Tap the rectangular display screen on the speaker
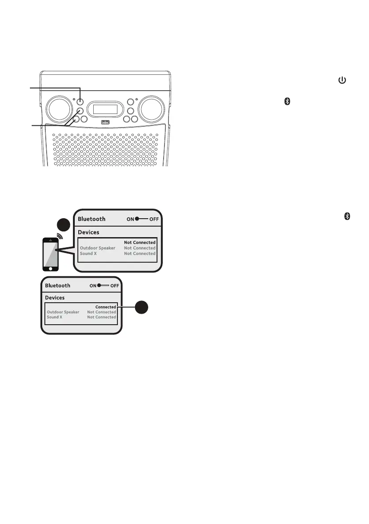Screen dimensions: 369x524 click(x=105, y=109)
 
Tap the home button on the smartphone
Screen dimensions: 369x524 click(x=51, y=267)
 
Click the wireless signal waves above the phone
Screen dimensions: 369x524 click(x=58, y=235)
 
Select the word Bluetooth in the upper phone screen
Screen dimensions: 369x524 click(x=91, y=219)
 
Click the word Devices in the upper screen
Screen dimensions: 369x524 click(x=88, y=232)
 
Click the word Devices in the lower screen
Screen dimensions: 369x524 click(x=55, y=298)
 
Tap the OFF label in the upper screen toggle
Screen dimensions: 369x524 click(x=154, y=219)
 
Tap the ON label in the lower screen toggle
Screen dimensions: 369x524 click(x=93, y=286)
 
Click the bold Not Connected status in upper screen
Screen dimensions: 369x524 click(x=139, y=242)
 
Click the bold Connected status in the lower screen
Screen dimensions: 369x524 click(x=106, y=307)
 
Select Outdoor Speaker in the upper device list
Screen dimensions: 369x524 click(x=97, y=248)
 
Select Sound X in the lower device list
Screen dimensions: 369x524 click(x=55, y=317)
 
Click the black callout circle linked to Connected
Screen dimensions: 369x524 click(x=142, y=307)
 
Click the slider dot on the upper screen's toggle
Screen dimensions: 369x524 click(x=138, y=219)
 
